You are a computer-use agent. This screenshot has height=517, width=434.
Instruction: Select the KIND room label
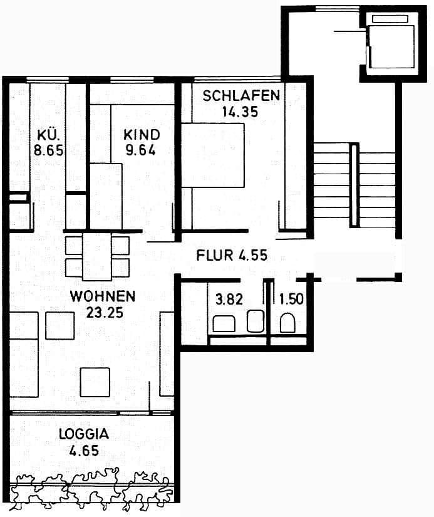pyautogui.click(x=141, y=134)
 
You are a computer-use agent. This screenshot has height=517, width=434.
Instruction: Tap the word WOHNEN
pyautogui.click(x=103, y=295)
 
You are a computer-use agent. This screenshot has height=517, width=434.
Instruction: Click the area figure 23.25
pyautogui.click(x=103, y=311)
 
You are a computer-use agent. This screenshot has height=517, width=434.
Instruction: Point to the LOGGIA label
pyautogui.click(x=84, y=433)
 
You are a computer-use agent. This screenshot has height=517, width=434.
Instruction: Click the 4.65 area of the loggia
pyautogui.click(x=84, y=449)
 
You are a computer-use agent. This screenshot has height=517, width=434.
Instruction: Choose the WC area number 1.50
pyautogui.click(x=292, y=299)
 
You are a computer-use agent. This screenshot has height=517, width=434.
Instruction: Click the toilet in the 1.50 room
pyautogui.click(x=288, y=323)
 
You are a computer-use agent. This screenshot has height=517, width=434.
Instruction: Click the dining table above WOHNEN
pyautogui.click(x=97, y=256)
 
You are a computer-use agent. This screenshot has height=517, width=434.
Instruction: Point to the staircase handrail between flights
pyautogui.click(x=354, y=185)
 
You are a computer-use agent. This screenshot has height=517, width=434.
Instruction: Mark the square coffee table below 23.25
pyautogui.click(x=95, y=382)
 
